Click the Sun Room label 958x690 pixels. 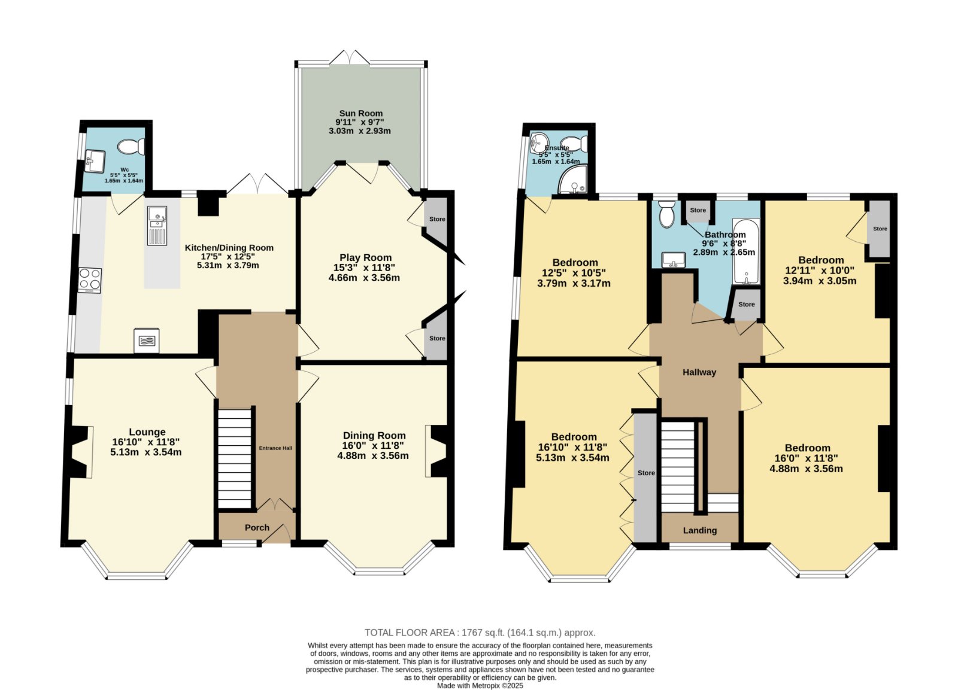pos(361,113)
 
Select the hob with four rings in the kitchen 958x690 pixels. pos(90,281)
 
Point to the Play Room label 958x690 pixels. pos(366,257)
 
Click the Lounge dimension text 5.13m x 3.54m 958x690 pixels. pos(146,452)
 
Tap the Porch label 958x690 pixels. pos(257,528)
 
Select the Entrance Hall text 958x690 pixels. pos(275,448)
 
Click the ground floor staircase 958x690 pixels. pos(235,459)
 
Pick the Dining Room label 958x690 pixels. pos(374,435)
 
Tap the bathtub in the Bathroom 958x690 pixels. pos(746,251)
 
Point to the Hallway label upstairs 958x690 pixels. pos(699,372)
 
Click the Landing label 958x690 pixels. pos(700,531)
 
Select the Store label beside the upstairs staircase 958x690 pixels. pos(646,473)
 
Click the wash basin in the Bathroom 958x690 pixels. pos(674,260)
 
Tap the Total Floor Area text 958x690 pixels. pos(480,633)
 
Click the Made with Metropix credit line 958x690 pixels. pos(480,685)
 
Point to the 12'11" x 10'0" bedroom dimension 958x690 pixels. pos(820,270)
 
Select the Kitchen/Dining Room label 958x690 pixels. pos(229,248)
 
